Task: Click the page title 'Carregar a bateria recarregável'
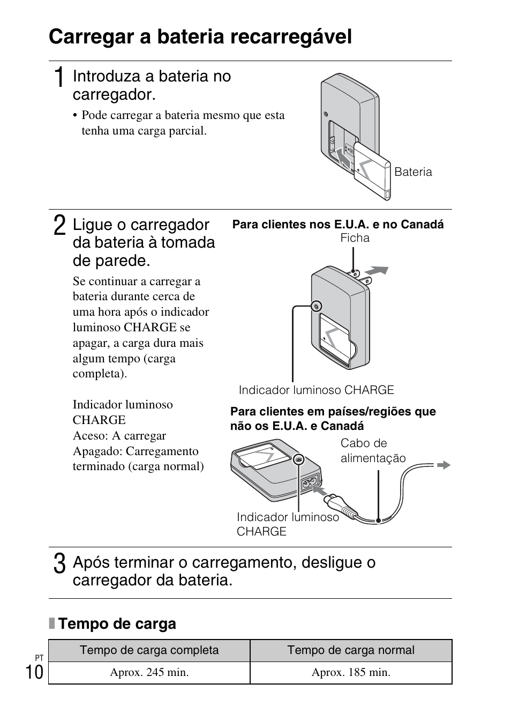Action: click(x=200, y=37)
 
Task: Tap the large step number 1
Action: click(x=60, y=77)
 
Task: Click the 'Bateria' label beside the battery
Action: click(x=413, y=172)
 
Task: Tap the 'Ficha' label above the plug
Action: click(x=355, y=238)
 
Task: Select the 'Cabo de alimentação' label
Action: click(x=373, y=450)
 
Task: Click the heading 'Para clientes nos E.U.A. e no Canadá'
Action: click(x=337, y=225)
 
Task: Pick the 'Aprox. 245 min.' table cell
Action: click(x=149, y=672)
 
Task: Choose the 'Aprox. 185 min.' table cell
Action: click(x=351, y=672)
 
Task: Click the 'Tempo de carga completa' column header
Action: click(x=149, y=650)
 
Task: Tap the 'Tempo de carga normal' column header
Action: click(x=351, y=650)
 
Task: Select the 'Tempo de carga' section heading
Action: click(x=117, y=623)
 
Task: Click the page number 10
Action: click(x=34, y=672)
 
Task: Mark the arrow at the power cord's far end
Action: click(x=444, y=465)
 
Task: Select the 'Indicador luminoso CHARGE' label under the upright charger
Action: click(x=316, y=390)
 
